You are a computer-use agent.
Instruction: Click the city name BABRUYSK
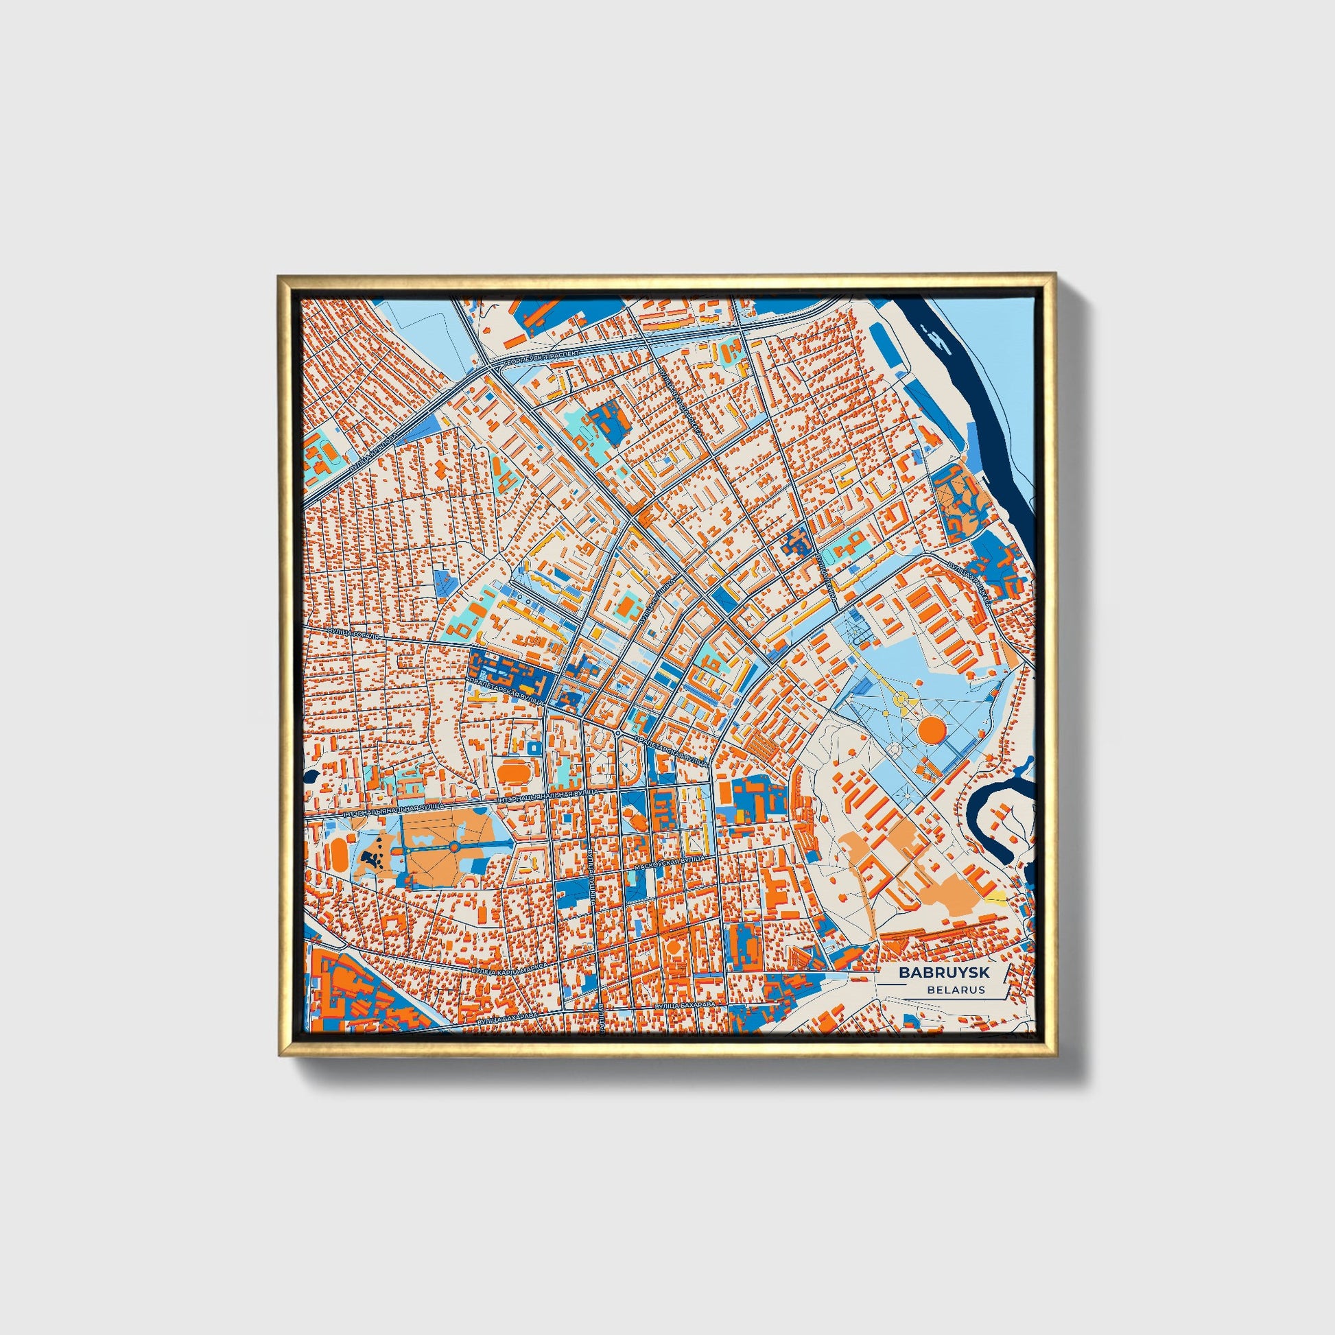(944, 972)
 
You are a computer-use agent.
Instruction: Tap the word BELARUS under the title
(956, 989)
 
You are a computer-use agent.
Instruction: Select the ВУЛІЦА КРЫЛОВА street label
(374, 458)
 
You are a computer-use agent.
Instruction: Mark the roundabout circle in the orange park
(454, 847)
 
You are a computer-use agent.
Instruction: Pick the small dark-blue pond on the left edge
(309, 776)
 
